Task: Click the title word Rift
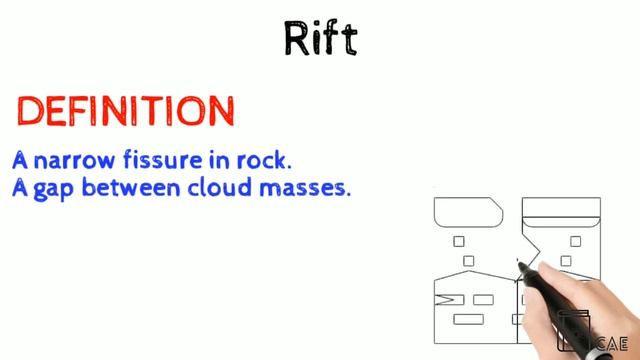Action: (320, 38)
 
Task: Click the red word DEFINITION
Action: (126, 111)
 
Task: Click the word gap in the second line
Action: (51, 188)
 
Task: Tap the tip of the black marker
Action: (522, 264)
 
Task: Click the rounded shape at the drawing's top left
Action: (468, 211)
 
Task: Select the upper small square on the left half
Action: (459, 241)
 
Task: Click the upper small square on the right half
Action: (575, 241)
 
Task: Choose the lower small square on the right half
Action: (566, 261)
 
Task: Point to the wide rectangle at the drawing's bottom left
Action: (468, 320)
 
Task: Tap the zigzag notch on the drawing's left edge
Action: (443, 298)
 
